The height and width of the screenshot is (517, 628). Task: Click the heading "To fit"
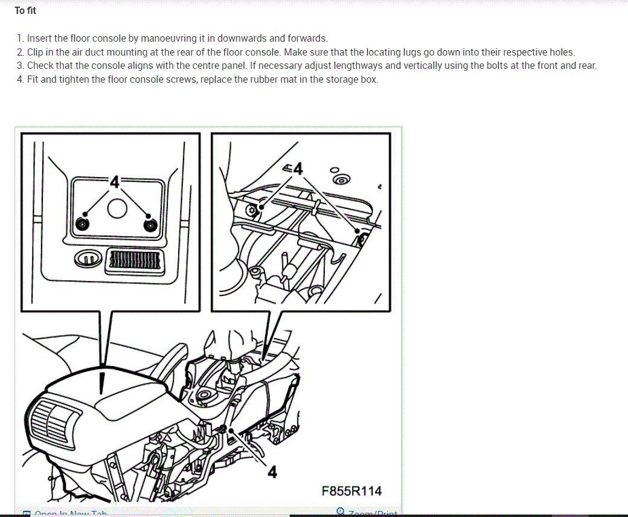pyautogui.click(x=25, y=10)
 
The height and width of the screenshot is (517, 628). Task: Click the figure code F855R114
pyautogui.click(x=351, y=491)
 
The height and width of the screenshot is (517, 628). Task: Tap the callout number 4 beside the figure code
pyautogui.click(x=272, y=472)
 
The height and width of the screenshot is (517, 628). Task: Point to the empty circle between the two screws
pyautogui.click(x=117, y=208)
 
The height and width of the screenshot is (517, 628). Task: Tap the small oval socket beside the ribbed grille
pyautogui.click(x=87, y=259)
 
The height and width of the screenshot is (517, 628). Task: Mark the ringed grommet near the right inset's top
pyautogui.click(x=342, y=179)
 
